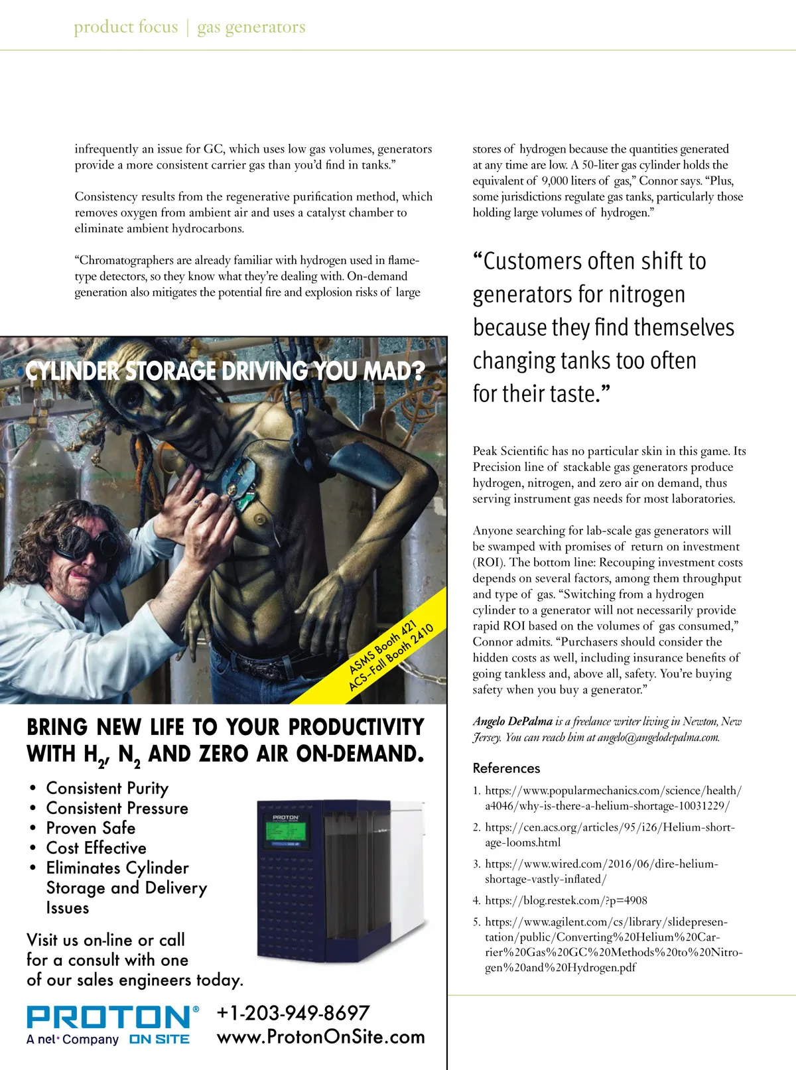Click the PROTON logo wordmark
[109, 1018]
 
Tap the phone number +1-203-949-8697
[293, 1013]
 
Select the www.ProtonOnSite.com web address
[320, 1037]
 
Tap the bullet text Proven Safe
[91, 828]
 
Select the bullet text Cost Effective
[96, 848]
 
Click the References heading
[506, 768]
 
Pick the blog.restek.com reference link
[566, 900]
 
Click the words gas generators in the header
[251, 27]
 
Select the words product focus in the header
[126, 27]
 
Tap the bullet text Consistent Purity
[107, 788]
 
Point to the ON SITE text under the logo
[159, 1039]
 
